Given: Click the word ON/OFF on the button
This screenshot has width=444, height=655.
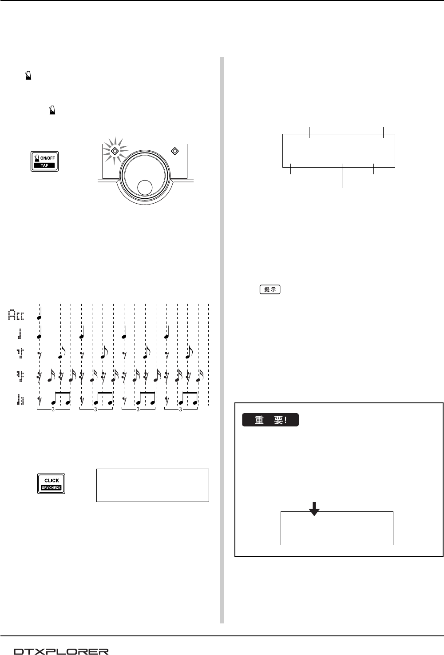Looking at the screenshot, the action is coord(48,158).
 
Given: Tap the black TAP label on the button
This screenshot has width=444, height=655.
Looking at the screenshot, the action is coord(44,165).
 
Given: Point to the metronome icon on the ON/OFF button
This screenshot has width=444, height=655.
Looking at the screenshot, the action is coord(37,158).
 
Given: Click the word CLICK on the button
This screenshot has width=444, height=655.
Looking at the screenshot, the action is coord(52,480).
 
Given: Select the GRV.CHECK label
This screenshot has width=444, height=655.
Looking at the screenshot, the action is coord(51,488).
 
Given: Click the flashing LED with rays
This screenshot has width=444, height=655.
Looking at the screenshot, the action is coord(115,151).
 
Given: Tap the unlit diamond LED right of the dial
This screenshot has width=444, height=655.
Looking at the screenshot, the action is coord(175,151).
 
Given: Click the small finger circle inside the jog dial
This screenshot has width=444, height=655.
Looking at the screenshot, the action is coord(145,188).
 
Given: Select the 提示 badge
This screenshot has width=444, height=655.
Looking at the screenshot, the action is coord(270,289).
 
